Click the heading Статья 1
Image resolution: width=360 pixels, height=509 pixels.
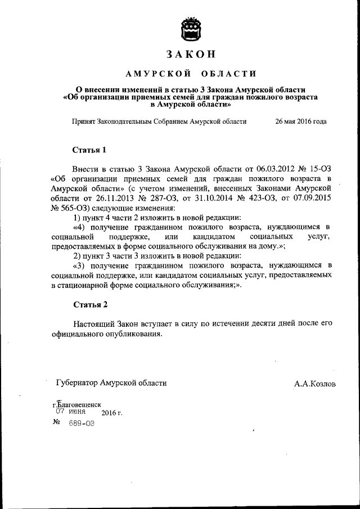point(89,150)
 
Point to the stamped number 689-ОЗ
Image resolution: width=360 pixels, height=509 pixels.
point(81,424)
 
